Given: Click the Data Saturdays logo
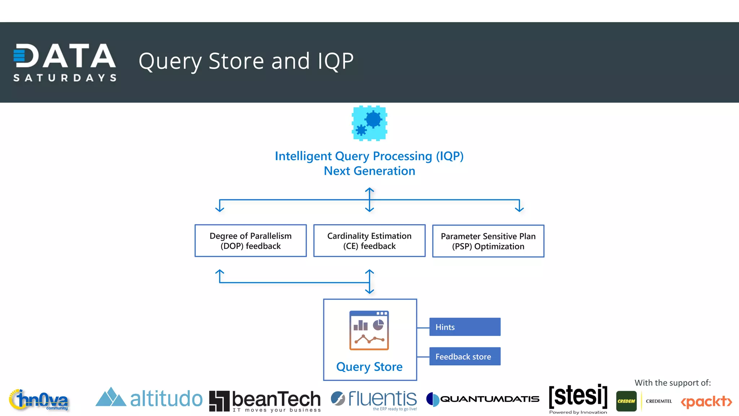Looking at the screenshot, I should click(x=65, y=62).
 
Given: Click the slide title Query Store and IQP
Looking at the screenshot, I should click(x=246, y=61).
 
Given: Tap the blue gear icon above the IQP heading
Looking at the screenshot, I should click(x=369, y=123).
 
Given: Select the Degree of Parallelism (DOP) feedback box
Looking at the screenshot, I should click(x=250, y=241).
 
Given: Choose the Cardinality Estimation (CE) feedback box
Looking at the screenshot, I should click(x=369, y=241).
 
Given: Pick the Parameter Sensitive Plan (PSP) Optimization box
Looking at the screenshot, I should click(x=488, y=241).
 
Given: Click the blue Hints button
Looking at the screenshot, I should click(x=465, y=327).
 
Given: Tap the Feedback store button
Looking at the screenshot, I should click(x=465, y=356).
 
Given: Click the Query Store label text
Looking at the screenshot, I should click(x=369, y=367).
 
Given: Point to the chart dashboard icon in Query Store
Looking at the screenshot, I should click(x=369, y=330).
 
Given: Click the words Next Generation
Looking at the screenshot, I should click(x=369, y=171).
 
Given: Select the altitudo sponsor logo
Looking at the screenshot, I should click(x=149, y=398).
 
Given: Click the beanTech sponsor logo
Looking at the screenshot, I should click(x=265, y=401).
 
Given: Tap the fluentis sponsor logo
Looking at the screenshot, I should click(x=374, y=399).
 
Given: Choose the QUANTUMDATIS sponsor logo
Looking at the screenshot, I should click(x=483, y=399).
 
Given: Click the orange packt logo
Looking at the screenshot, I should click(x=706, y=402).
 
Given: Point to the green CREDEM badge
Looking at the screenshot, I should click(x=626, y=401).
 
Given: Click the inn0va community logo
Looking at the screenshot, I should click(x=39, y=400).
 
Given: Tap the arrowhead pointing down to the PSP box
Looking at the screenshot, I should click(x=519, y=209).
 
